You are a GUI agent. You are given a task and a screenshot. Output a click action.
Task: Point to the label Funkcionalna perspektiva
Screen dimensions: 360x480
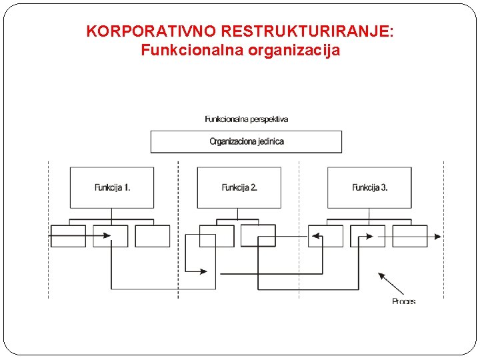point(246,119)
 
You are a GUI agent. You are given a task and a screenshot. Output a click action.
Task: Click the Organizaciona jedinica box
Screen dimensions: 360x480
point(246,141)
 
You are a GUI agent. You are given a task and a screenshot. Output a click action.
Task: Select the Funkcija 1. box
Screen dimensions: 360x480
point(112,187)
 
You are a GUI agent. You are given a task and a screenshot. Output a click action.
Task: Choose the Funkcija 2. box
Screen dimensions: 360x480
point(239,187)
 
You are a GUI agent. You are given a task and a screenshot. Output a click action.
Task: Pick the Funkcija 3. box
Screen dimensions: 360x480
point(369,187)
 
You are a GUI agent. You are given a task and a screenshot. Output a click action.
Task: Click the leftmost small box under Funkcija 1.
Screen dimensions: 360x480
point(68,236)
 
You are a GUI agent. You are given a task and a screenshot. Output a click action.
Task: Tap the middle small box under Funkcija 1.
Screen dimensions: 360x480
point(110,236)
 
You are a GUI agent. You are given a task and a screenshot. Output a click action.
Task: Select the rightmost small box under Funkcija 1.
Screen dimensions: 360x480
point(153,236)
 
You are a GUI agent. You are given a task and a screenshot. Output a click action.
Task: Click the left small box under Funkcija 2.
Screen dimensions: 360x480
point(217,236)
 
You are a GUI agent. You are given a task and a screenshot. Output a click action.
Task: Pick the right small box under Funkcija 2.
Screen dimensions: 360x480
point(258,235)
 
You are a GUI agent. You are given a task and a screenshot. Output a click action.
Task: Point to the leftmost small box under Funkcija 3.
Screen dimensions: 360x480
point(325,236)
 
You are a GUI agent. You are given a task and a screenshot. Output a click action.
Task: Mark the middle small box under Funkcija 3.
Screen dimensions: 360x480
point(367,236)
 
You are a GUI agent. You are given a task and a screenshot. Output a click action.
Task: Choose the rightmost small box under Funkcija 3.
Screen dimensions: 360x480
point(410,236)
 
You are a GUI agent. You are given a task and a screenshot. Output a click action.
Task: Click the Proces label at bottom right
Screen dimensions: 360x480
point(403,301)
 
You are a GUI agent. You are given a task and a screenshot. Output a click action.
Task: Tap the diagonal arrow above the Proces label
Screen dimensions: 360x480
point(391,283)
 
